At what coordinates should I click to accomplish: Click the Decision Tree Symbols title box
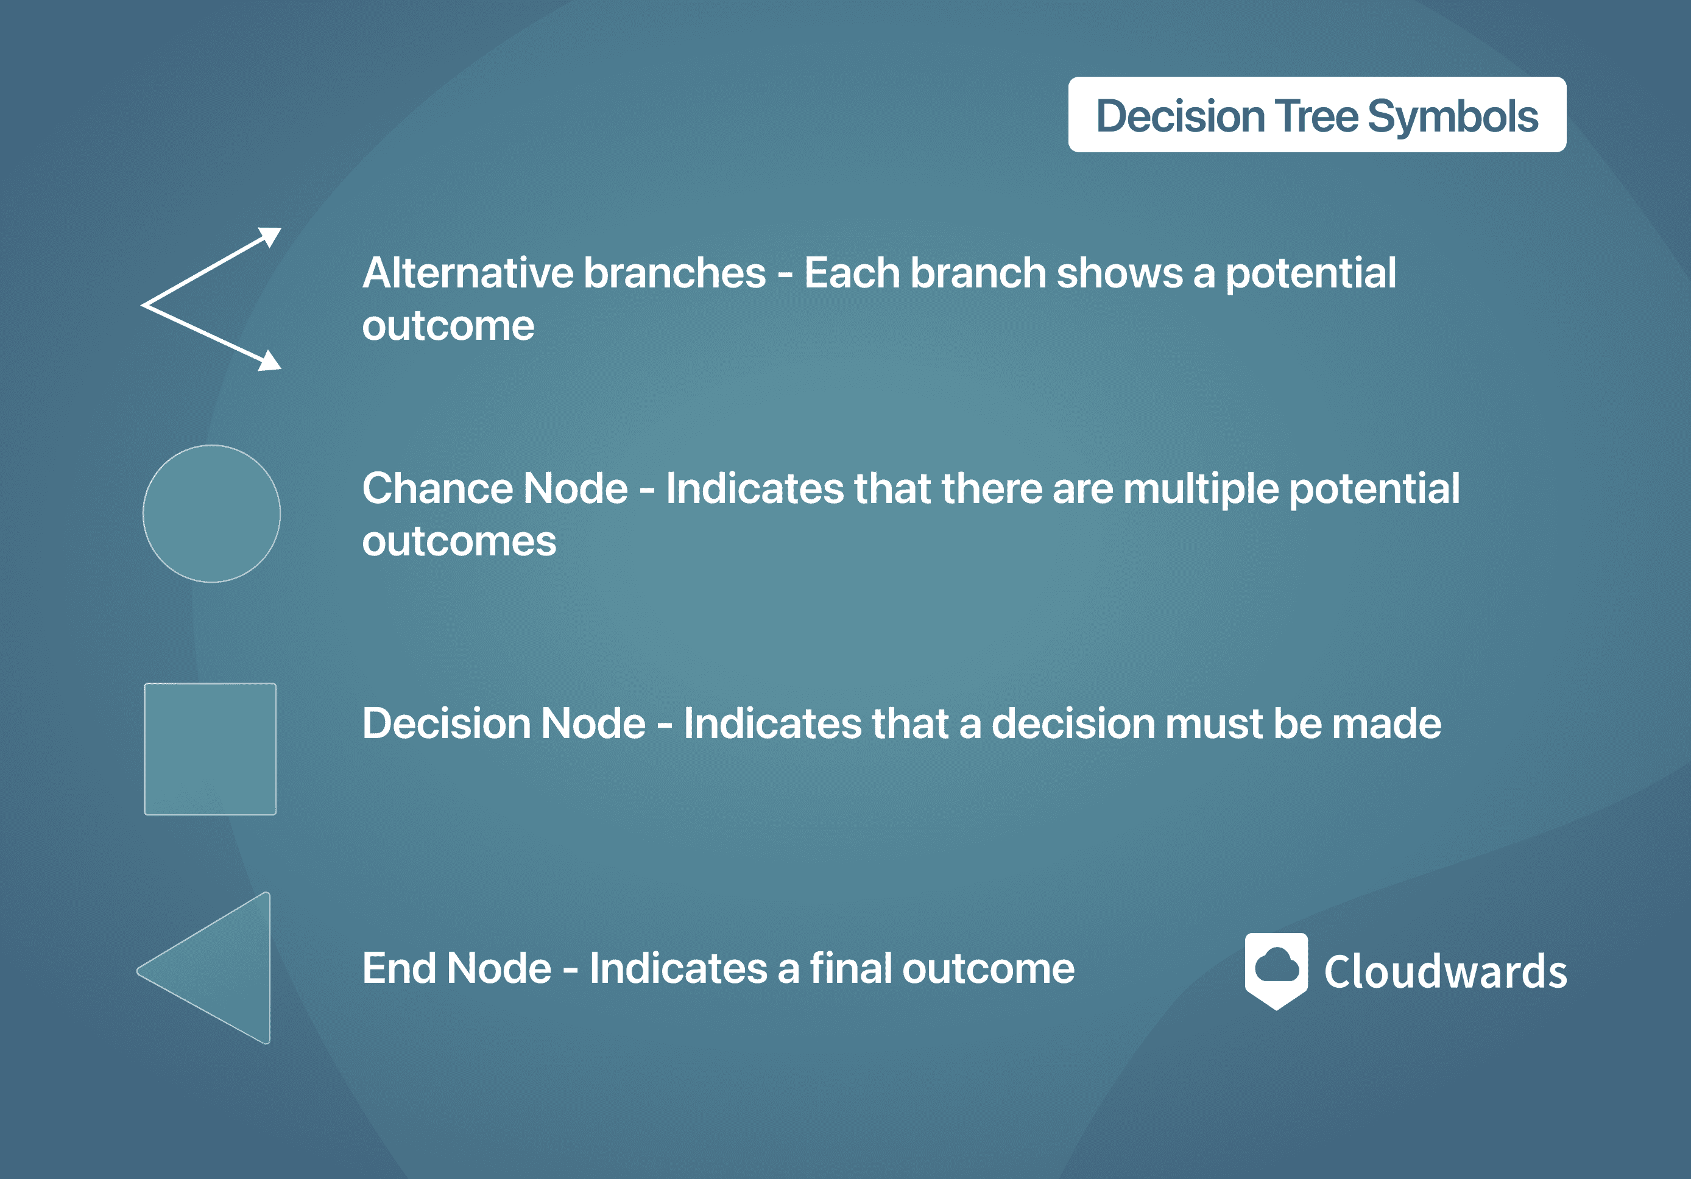pyautogui.click(x=1317, y=115)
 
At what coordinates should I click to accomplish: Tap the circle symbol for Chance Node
pyautogui.click(x=211, y=513)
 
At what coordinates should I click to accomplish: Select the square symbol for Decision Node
pyautogui.click(x=210, y=749)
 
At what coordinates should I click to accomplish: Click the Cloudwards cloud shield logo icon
pyautogui.click(x=1276, y=971)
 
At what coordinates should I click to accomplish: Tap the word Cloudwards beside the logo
pyautogui.click(x=1446, y=971)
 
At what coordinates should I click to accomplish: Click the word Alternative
pyautogui.click(x=468, y=273)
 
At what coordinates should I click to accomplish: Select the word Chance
pyautogui.click(x=437, y=489)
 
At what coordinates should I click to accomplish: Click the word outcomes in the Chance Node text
pyautogui.click(x=459, y=542)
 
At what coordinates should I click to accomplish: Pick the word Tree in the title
pyautogui.click(x=1316, y=116)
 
